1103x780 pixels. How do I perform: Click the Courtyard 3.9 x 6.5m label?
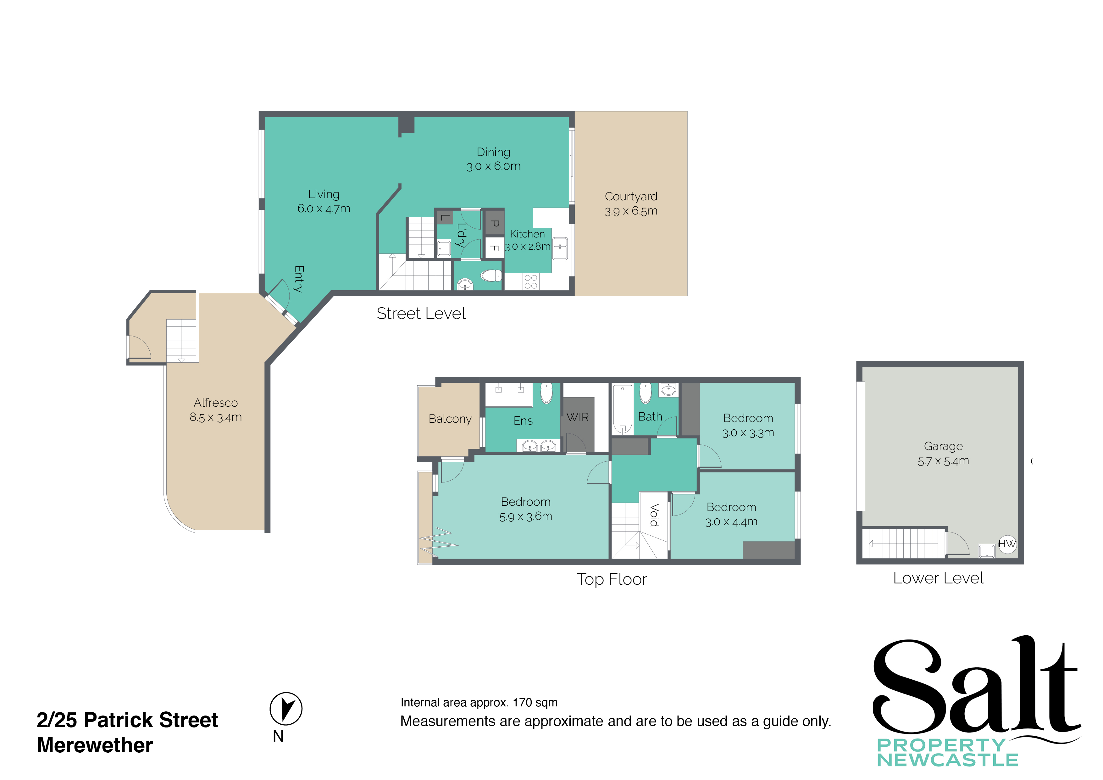631,203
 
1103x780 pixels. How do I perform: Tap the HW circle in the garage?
1007,544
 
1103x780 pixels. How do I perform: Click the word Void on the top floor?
654,515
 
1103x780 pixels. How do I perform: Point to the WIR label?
578,417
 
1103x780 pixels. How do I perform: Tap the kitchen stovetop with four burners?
530,282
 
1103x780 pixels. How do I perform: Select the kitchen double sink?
560,248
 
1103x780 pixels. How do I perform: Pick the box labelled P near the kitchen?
494,224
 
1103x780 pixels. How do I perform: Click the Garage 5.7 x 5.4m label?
943,453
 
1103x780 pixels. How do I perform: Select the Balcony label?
450,419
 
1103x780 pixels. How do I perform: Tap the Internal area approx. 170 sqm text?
479,703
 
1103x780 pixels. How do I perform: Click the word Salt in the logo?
975,687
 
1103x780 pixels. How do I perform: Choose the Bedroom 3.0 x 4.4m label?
731,514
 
